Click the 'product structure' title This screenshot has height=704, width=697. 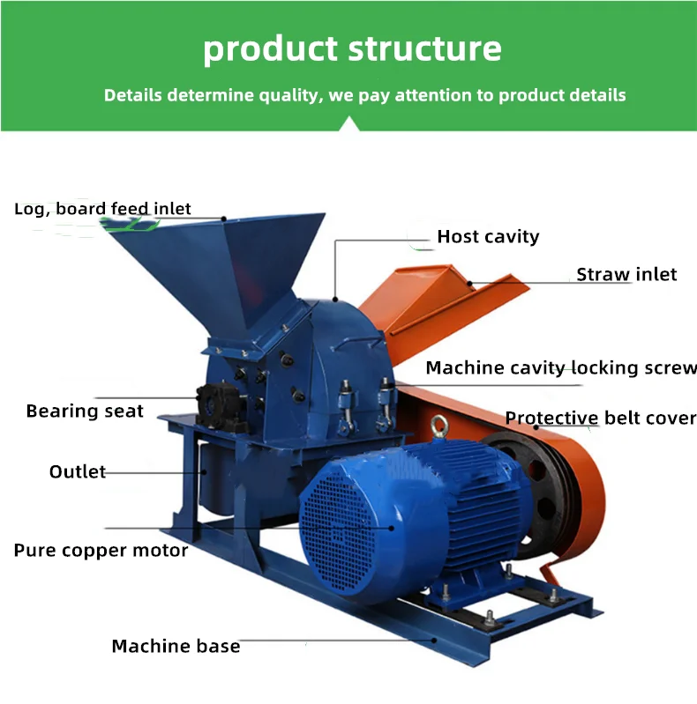tap(352, 48)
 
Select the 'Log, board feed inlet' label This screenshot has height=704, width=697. tap(102, 209)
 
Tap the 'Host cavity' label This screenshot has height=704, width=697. tap(488, 236)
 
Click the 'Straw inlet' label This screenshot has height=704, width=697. tap(626, 274)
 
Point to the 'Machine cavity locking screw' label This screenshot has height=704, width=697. tap(561, 367)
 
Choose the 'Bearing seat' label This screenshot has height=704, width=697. tap(85, 411)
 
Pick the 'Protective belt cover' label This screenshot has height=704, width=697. tap(601, 418)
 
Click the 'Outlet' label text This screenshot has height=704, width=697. tap(77, 472)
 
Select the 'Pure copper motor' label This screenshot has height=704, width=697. tap(101, 551)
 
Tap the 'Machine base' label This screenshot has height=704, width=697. tap(176, 646)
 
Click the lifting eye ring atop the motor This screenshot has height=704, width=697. tap(438, 432)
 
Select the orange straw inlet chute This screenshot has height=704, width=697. tap(441, 300)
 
